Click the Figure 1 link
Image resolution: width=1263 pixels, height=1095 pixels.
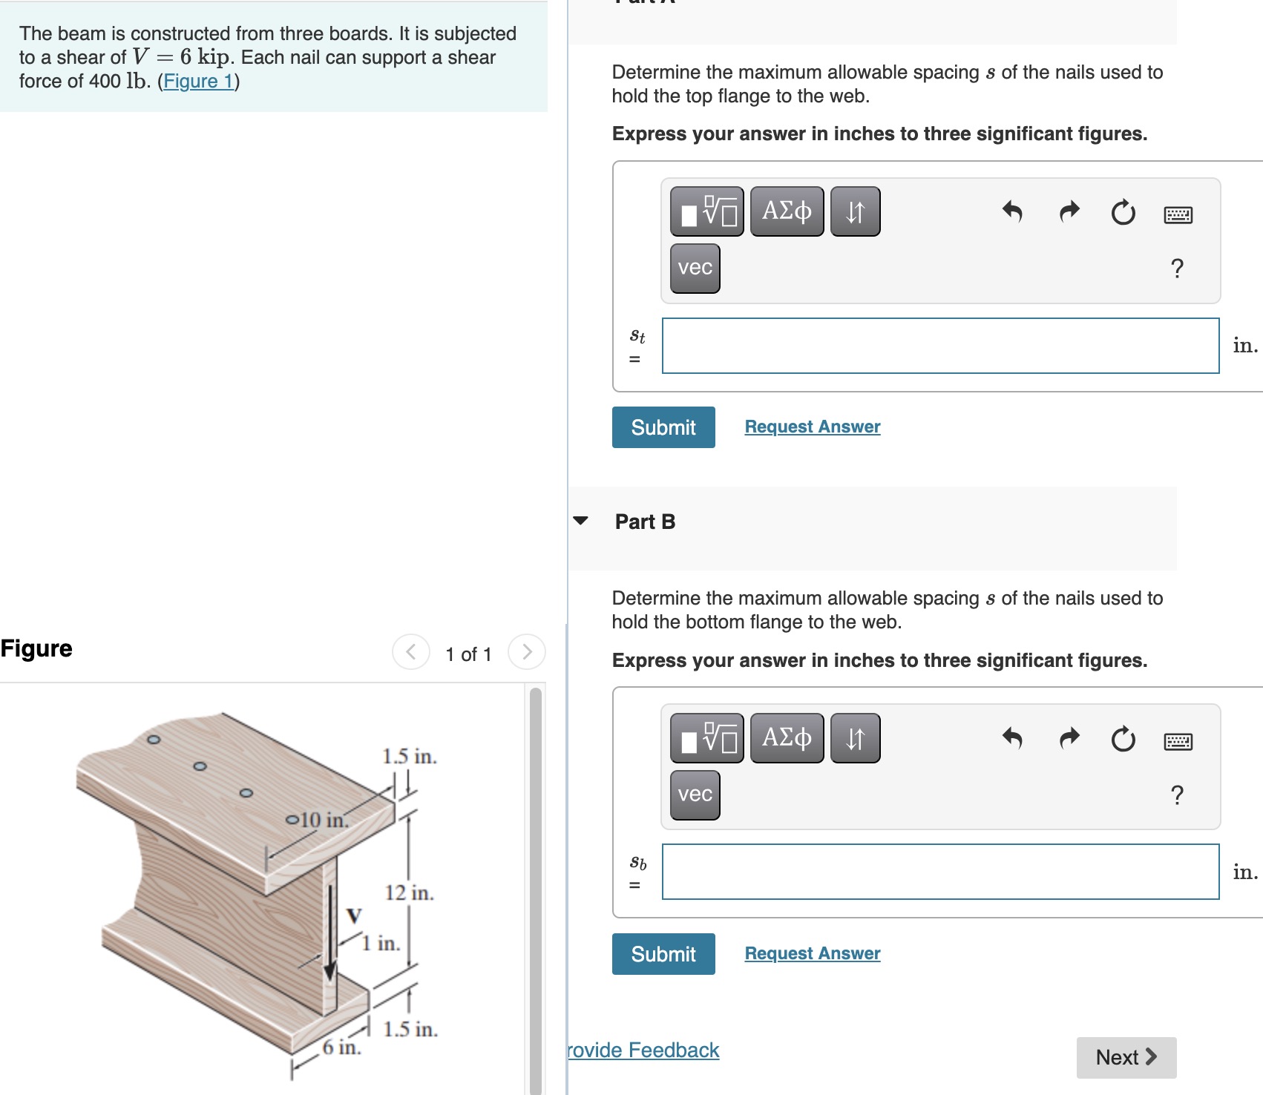pos(198,81)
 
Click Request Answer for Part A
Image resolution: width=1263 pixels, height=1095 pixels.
pos(812,427)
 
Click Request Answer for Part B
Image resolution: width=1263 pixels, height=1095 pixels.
pos(812,953)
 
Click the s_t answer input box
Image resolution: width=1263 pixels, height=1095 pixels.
pos(939,346)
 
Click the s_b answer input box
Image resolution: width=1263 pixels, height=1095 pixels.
pos(939,872)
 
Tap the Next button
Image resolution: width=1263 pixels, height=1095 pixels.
pos(1125,1057)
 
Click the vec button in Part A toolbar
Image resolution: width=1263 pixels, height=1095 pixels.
pos(695,268)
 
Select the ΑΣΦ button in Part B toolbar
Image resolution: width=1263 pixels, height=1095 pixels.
pos(787,738)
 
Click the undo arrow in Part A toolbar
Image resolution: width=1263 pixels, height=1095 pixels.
pos(1012,212)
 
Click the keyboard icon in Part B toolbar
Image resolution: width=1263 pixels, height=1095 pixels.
pos(1178,741)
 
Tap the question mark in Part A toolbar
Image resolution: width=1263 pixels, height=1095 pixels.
pos(1176,268)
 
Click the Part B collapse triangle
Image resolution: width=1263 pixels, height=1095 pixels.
pos(580,521)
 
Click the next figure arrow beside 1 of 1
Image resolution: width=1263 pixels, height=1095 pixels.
pos(527,652)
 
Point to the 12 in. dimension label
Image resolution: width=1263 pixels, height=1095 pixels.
pos(409,892)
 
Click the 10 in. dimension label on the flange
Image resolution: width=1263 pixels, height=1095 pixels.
pos(324,820)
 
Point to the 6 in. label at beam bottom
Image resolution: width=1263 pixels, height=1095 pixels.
pos(341,1047)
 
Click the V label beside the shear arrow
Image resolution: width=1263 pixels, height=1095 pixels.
pos(354,915)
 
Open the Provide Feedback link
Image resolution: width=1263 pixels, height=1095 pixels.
pos(643,1050)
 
